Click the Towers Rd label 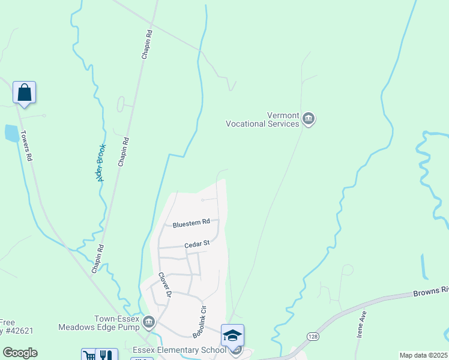[26, 146]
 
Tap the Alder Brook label [100, 162]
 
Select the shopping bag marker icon [24, 93]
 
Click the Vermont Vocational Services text [262, 120]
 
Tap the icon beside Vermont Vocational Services [309, 119]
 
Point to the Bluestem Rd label [191, 223]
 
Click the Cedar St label [196, 244]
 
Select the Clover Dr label [164, 285]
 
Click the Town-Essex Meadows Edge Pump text [100, 323]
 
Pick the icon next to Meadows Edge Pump [149, 323]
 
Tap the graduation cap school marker [232, 335]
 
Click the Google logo [20, 353]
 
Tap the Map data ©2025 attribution [423, 355]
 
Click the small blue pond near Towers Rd [11, 133]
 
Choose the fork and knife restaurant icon [106, 355]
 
